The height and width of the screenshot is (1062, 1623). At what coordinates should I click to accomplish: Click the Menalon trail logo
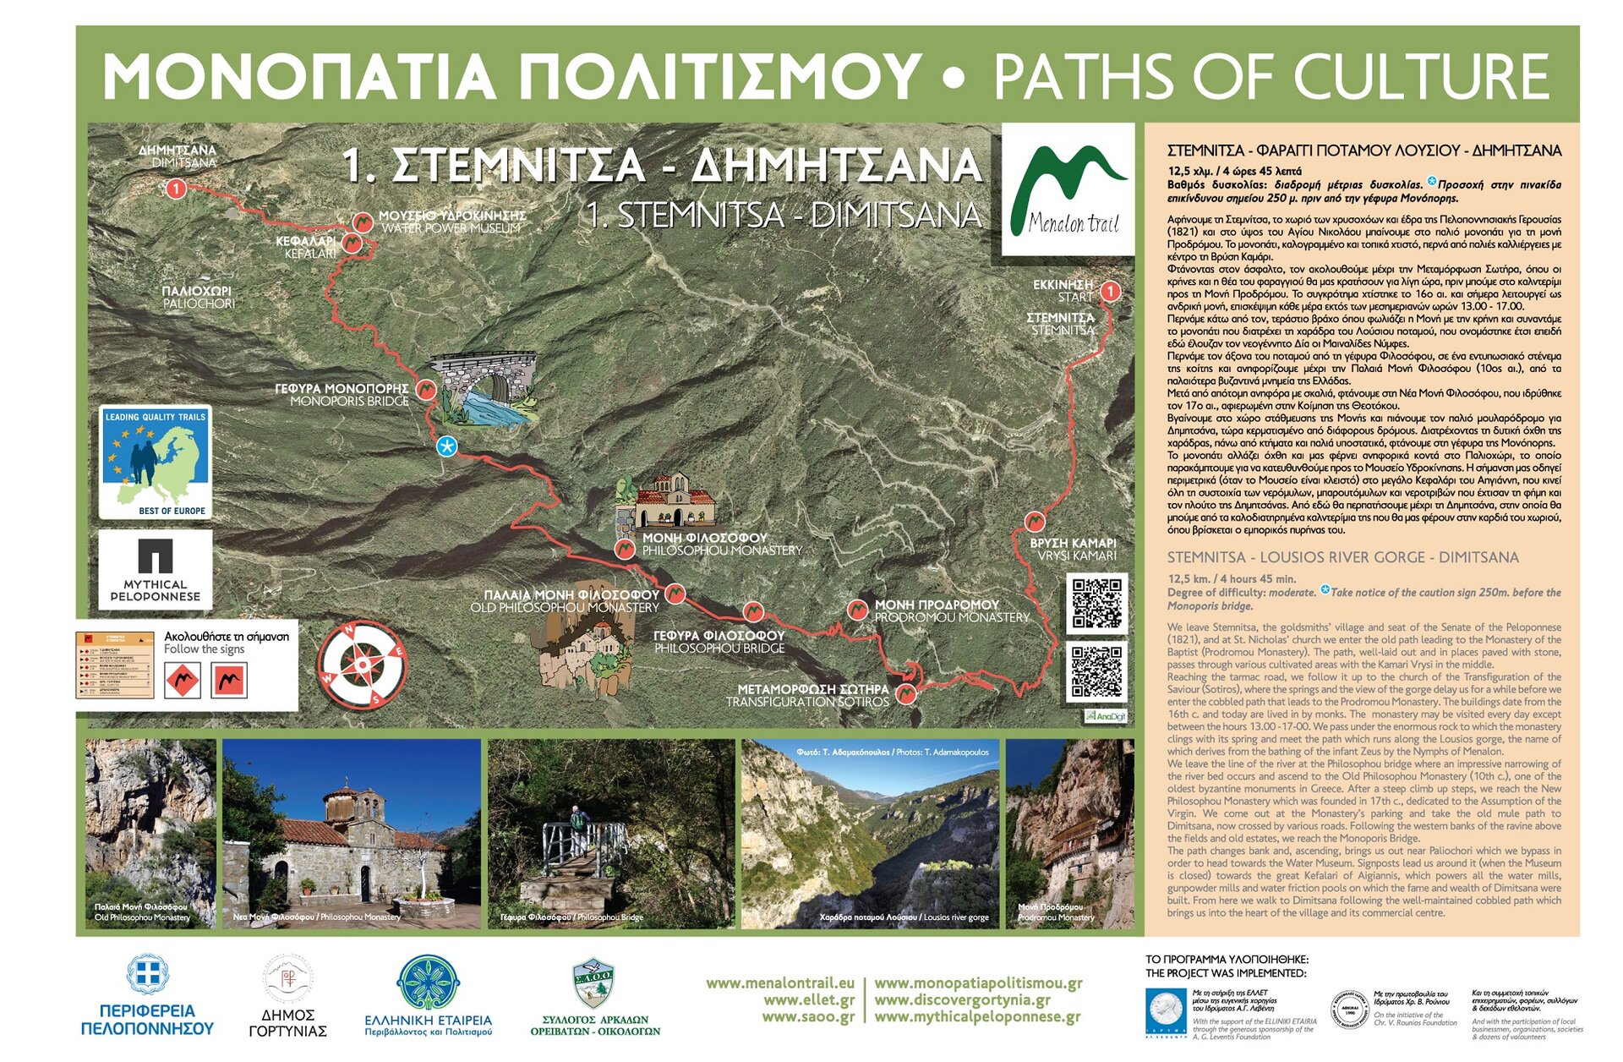click(1068, 190)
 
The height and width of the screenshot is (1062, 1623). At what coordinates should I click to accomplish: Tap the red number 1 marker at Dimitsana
click(176, 188)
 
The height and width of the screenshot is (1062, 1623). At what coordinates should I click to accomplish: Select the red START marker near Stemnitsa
click(1110, 292)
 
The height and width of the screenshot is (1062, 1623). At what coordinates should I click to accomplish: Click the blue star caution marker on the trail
click(446, 446)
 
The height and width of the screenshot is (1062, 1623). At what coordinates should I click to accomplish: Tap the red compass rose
click(363, 665)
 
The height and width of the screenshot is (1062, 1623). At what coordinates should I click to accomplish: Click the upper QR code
click(1096, 603)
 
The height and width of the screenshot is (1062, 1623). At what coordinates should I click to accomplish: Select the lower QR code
click(1096, 671)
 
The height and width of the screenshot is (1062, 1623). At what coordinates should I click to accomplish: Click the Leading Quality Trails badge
click(155, 462)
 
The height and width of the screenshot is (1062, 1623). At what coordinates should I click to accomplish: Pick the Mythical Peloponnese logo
click(155, 569)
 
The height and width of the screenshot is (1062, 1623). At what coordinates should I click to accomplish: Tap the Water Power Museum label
click(451, 222)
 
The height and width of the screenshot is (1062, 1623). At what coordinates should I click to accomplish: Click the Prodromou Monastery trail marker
click(857, 610)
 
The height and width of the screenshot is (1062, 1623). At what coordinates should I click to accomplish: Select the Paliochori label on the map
click(197, 297)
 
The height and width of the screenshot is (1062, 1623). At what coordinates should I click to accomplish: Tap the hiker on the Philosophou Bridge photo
click(577, 820)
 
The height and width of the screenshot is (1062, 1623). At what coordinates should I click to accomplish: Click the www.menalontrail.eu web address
click(779, 983)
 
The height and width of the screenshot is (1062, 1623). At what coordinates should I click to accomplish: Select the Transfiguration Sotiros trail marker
click(905, 694)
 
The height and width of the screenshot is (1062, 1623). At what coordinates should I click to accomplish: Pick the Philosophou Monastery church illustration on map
click(673, 502)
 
